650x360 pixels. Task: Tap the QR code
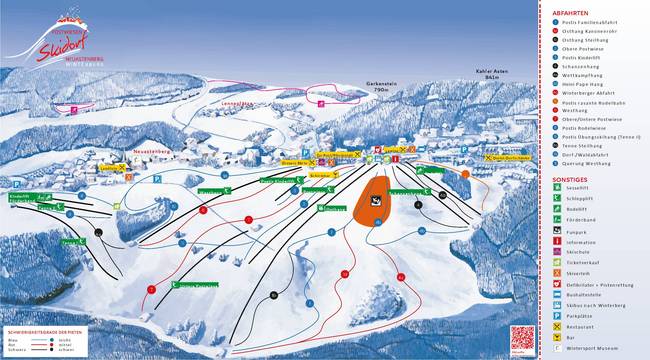click(x=519, y=339)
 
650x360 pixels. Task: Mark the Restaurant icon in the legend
click(x=555, y=328)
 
